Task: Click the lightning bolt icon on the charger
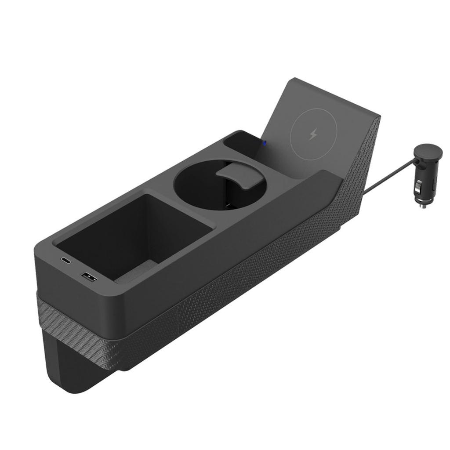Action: click(x=313, y=134)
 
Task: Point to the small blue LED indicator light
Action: click(x=264, y=142)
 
